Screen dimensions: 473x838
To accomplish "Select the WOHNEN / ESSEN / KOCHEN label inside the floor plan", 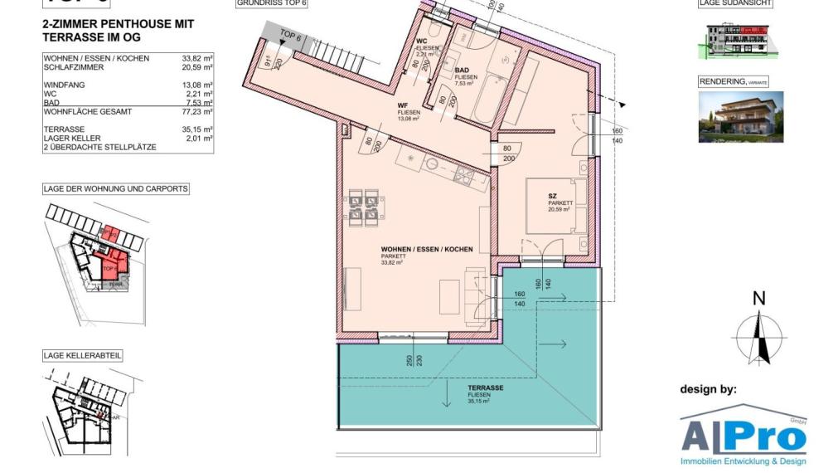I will tap(426, 249).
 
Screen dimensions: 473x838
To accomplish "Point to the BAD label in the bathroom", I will tap(464, 72).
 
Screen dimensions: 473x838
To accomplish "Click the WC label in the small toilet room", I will tap(421, 41).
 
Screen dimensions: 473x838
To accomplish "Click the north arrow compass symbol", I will tap(758, 338).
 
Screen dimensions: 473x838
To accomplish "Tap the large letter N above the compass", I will tap(758, 299).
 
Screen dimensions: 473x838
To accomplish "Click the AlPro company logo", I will tap(744, 436).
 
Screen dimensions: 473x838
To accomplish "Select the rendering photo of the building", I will tap(740, 116).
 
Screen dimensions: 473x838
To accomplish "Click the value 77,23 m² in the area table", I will tap(197, 111).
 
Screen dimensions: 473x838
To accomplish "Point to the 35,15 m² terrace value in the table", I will tap(197, 130).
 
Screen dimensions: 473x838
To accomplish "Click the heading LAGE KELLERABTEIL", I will tap(83, 355).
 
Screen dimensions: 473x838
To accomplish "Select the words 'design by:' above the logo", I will tap(708, 388).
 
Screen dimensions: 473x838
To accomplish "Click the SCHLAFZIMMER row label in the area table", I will tap(74, 67).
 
